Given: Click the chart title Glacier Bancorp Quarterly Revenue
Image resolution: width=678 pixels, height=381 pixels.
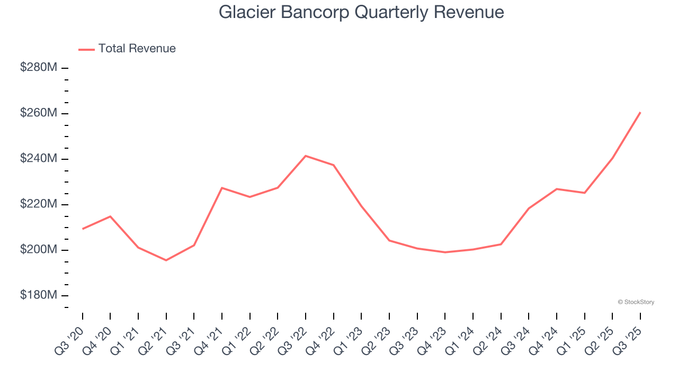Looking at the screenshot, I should (361, 12).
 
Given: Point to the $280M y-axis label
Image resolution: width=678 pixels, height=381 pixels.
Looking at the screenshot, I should (39, 68).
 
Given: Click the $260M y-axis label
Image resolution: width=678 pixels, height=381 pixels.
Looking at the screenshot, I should (39, 113).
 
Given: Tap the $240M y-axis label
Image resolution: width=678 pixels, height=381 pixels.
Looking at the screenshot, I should (39, 159).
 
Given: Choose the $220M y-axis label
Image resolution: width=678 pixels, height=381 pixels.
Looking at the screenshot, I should (39, 204).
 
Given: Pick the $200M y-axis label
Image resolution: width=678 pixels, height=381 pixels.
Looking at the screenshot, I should (39, 250).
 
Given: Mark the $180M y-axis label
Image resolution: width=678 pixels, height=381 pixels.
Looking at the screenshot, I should (39, 295).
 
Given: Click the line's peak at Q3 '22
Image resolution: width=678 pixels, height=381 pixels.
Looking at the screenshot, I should (306, 156).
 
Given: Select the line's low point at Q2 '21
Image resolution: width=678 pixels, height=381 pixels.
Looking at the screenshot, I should (166, 260).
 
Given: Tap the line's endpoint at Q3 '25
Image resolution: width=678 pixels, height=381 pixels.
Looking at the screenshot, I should (640, 112).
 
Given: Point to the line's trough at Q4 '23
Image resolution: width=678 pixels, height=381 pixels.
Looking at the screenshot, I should (445, 252).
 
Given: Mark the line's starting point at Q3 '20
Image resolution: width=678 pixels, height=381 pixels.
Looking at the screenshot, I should (83, 229).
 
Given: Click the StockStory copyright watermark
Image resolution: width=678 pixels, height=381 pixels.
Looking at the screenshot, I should (636, 302).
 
